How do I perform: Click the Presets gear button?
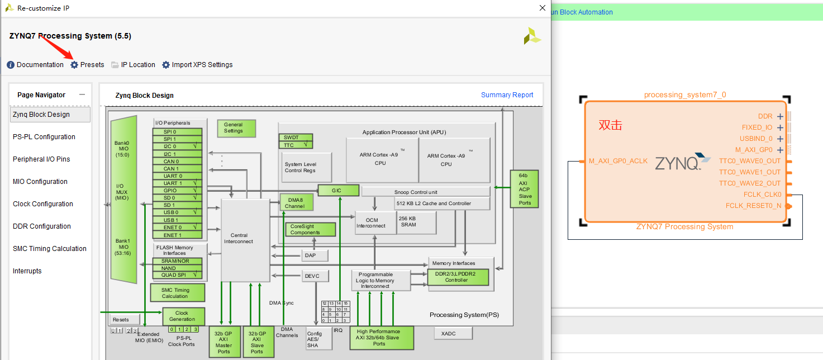point(87,65)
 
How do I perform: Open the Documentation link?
point(35,65)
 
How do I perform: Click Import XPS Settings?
point(197,65)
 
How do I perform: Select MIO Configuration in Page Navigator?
point(40,182)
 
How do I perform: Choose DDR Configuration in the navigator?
point(42,226)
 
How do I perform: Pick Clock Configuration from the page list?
point(43,204)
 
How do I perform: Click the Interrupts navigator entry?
point(27,271)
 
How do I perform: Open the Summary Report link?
point(507,95)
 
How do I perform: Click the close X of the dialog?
point(542,8)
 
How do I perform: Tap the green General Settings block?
point(236,128)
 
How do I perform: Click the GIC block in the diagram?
point(337,190)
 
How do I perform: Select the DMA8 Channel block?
point(296,202)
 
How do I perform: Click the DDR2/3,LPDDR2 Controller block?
point(458,277)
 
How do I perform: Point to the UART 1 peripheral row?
point(177,183)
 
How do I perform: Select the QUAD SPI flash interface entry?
point(177,275)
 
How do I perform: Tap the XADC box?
point(453,333)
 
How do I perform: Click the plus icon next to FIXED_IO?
point(780,128)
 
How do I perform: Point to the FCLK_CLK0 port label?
point(762,195)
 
